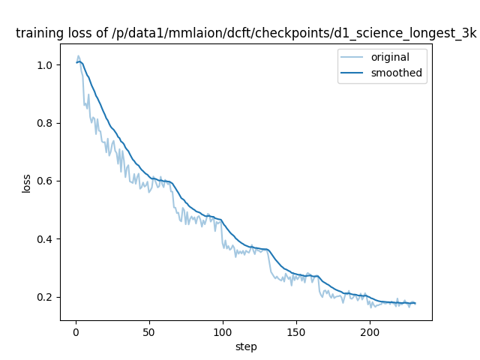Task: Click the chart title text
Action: pos(246,34)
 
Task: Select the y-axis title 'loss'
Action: pos(26,182)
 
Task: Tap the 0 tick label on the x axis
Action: pos(76,333)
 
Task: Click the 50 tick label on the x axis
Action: pos(149,333)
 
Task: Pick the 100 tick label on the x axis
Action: pos(223,333)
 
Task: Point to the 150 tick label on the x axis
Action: pos(296,333)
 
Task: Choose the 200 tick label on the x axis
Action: pos(370,333)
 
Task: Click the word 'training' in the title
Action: pos(37,34)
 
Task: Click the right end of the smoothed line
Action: pos(415,303)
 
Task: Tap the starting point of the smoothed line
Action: pos(77,62)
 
